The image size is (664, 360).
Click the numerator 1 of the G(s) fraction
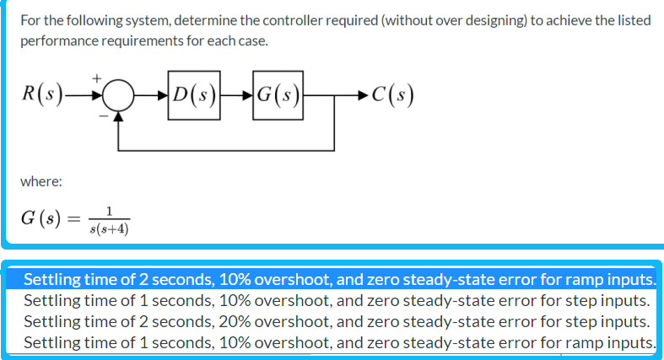[110, 211]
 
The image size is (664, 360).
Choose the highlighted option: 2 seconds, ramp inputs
[338, 279]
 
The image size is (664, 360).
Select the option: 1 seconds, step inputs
[337, 300]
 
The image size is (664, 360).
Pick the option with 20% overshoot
[337, 321]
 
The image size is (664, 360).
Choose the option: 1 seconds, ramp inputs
[338, 342]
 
